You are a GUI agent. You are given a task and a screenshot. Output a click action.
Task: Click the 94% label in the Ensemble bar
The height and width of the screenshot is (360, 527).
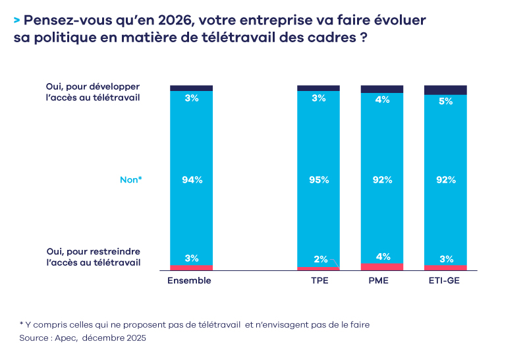[192, 179]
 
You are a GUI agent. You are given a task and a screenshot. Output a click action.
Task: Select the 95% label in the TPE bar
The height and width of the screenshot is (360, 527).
[319, 179]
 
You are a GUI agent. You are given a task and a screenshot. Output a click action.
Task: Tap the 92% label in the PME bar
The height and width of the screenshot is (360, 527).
[382, 179]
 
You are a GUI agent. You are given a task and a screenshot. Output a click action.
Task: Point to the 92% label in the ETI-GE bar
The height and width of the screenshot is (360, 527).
[445, 179]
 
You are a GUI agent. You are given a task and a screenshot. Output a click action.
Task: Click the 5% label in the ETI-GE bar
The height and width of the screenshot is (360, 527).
[445, 102]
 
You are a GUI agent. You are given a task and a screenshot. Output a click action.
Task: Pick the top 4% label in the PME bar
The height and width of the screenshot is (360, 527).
[382, 100]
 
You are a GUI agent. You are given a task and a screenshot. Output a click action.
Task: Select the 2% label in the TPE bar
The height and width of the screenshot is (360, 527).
[319, 258]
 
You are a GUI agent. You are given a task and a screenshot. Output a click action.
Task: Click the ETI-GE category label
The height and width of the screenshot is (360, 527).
[445, 280]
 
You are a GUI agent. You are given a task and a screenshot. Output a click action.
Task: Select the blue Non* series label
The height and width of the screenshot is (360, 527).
[130, 179]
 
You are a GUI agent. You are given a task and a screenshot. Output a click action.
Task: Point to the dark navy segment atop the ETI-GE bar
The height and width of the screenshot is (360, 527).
[445, 90]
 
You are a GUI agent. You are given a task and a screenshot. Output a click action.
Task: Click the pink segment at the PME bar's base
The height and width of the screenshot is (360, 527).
[382, 266]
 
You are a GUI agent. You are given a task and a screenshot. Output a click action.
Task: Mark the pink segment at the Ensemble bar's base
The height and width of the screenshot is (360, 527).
[192, 267]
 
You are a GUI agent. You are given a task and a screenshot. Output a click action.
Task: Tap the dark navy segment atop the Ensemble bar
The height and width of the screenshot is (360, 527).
[192, 88]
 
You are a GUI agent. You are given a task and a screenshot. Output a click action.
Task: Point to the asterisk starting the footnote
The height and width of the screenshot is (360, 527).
[21, 324]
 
